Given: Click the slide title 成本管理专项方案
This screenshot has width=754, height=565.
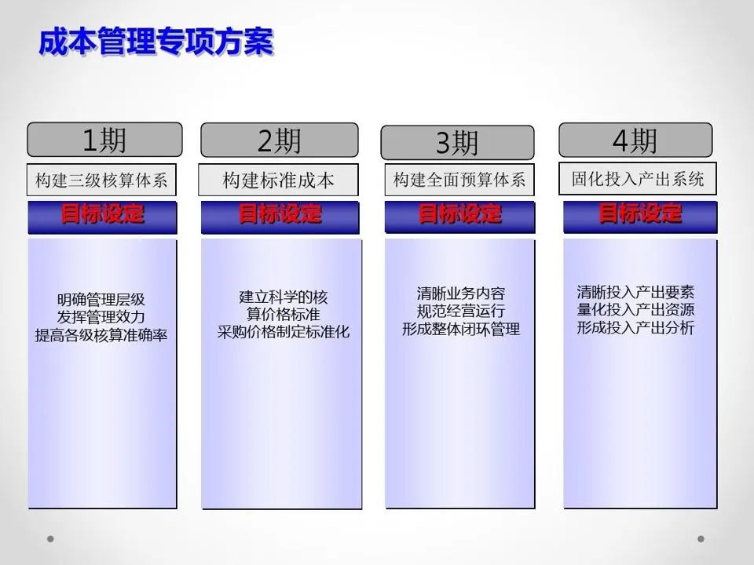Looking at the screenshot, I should click(x=156, y=42).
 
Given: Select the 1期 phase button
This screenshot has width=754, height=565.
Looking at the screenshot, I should click(x=104, y=140).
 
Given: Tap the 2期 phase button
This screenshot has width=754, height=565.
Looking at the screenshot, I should click(x=279, y=140).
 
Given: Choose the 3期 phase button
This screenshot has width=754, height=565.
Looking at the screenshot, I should click(x=457, y=143).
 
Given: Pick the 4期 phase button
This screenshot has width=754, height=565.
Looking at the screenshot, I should click(x=635, y=140).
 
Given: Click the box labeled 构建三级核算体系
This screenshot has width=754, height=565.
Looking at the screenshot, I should click(x=102, y=180).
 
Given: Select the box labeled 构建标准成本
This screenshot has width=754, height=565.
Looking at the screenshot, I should click(x=278, y=180).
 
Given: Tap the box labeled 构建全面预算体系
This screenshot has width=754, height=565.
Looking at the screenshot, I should click(x=459, y=180).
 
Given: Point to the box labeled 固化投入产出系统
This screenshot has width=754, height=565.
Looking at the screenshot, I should click(x=638, y=179).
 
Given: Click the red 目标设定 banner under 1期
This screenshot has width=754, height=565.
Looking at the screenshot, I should click(x=102, y=213).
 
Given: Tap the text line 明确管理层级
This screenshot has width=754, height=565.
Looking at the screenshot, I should click(x=101, y=300).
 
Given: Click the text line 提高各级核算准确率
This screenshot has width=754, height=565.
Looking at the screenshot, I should click(x=101, y=335).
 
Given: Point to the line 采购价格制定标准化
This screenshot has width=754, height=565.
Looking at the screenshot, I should click(x=283, y=332).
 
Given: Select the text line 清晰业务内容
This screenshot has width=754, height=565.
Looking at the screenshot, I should click(x=460, y=294).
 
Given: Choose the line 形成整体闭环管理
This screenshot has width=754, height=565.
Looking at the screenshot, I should click(x=460, y=330).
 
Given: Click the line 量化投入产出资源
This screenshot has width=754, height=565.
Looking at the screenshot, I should click(x=635, y=310).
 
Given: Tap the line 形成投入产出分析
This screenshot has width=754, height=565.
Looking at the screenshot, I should click(x=635, y=328).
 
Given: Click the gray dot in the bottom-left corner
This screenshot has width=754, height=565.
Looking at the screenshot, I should click(x=51, y=539).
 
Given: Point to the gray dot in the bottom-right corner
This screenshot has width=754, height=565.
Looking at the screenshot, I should click(x=701, y=539).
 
